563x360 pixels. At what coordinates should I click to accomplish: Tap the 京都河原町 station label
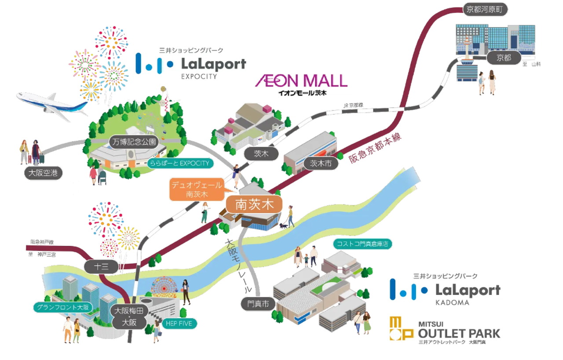(482, 10)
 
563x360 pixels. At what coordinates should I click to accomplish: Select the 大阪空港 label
(43, 173)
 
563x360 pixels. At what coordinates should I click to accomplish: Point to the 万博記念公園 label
(132, 142)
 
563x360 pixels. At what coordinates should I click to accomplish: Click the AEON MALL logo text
(301, 81)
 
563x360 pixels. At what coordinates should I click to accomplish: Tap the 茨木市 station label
(321, 164)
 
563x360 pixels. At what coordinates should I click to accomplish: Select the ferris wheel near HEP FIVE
(164, 287)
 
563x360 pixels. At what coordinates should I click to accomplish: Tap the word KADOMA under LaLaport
(452, 302)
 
